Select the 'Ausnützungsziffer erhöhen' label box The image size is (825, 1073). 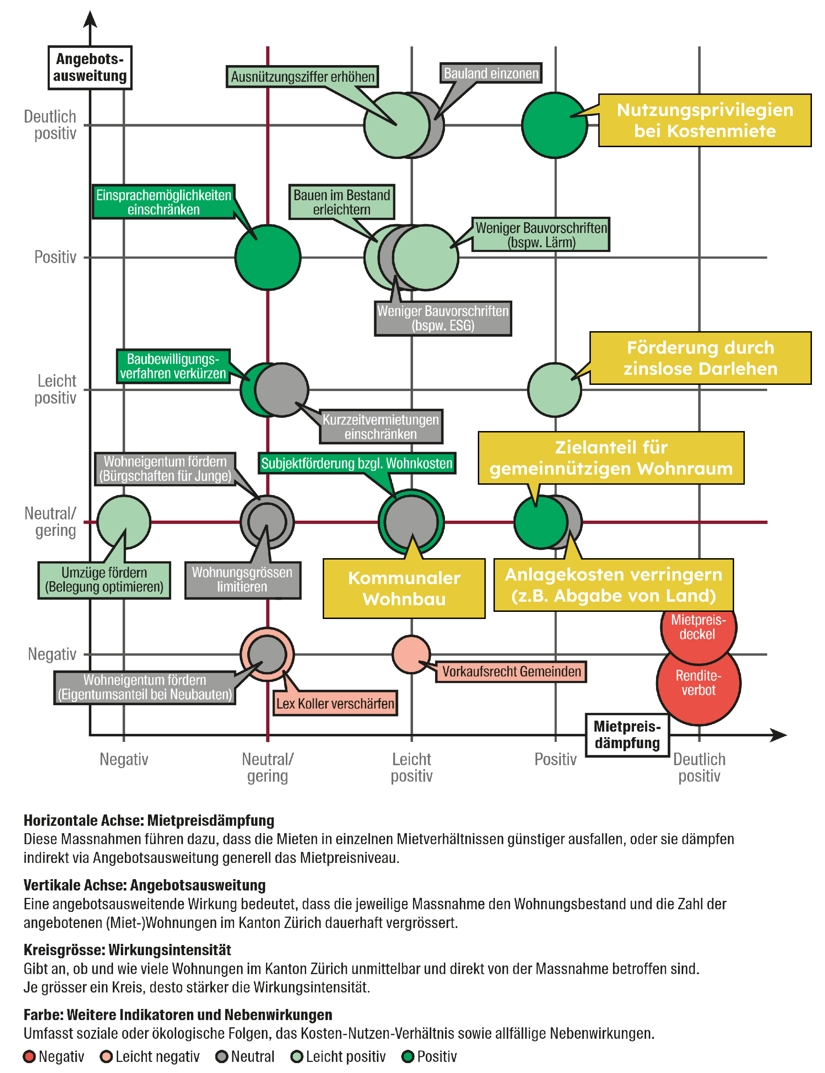pyautogui.click(x=302, y=77)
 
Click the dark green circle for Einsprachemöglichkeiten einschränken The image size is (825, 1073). pyautogui.click(x=268, y=257)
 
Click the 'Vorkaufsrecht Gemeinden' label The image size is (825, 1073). pyautogui.click(x=511, y=672)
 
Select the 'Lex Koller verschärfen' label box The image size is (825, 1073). pyautogui.click(x=335, y=703)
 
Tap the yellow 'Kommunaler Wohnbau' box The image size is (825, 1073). pyautogui.click(x=404, y=589)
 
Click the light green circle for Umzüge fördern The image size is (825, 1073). pyautogui.click(x=124, y=522)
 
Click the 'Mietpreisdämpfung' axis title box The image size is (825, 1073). pyautogui.click(x=627, y=735)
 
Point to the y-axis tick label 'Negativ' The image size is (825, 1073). pyautogui.click(x=52, y=654)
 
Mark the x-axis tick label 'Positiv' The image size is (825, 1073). pyautogui.click(x=555, y=759)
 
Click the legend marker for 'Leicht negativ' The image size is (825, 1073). pyautogui.click(x=106, y=1057)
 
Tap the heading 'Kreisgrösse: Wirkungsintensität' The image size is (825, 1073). pyautogui.click(x=127, y=950)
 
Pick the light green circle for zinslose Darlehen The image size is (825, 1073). pyautogui.click(x=554, y=390)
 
